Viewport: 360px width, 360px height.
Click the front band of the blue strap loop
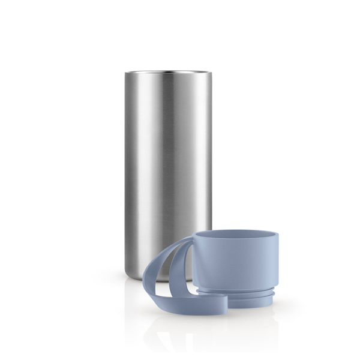(174, 282)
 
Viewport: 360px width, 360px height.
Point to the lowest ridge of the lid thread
(243, 305)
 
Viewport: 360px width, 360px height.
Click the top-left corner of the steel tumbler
(127, 74)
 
